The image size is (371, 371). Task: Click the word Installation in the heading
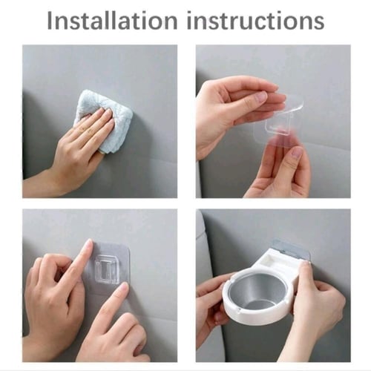(x=112, y=21)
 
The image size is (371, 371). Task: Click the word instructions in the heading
(x=255, y=22)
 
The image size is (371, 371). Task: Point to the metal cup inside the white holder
(x=258, y=294)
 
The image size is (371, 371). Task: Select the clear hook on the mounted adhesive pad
(x=106, y=269)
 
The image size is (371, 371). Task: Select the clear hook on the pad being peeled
(x=277, y=126)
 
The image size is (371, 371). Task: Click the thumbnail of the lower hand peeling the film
(x=297, y=153)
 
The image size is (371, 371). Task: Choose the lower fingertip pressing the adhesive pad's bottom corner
(x=123, y=287)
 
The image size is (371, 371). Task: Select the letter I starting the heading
(x=50, y=22)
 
